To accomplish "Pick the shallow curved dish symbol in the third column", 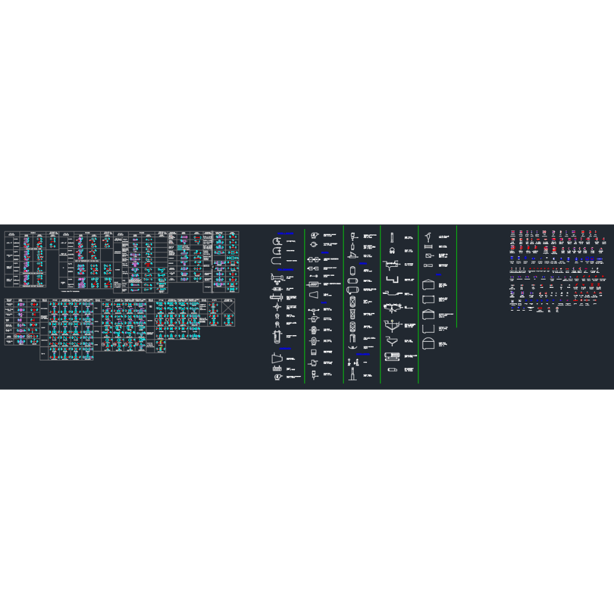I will click(352, 346).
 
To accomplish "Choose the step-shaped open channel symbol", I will click(393, 280).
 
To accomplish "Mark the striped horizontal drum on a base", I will click(392, 356).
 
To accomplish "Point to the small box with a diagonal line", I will click(429, 255).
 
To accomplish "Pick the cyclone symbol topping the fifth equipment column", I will click(429, 237).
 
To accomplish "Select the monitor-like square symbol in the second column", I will click(313, 351).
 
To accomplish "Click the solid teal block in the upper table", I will click(179, 247).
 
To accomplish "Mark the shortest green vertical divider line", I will click(456, 276).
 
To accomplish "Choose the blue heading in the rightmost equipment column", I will click(438, 275).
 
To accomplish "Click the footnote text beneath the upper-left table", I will click(73, 291).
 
